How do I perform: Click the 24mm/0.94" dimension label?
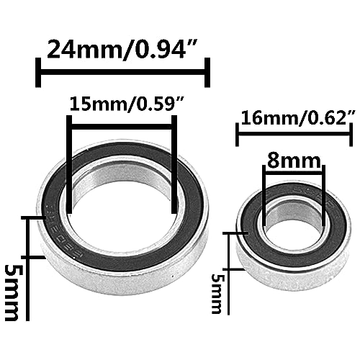pyautogui.click(x=122, y=49)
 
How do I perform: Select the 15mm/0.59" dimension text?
pyautogui.click(x=127, y=104)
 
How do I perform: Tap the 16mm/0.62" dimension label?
pyautogui.click(x=298, y=117)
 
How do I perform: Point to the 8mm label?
pyautogui.click(x=294, y=161)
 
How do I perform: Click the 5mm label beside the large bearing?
pyautogui.click(x=12, y=293)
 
